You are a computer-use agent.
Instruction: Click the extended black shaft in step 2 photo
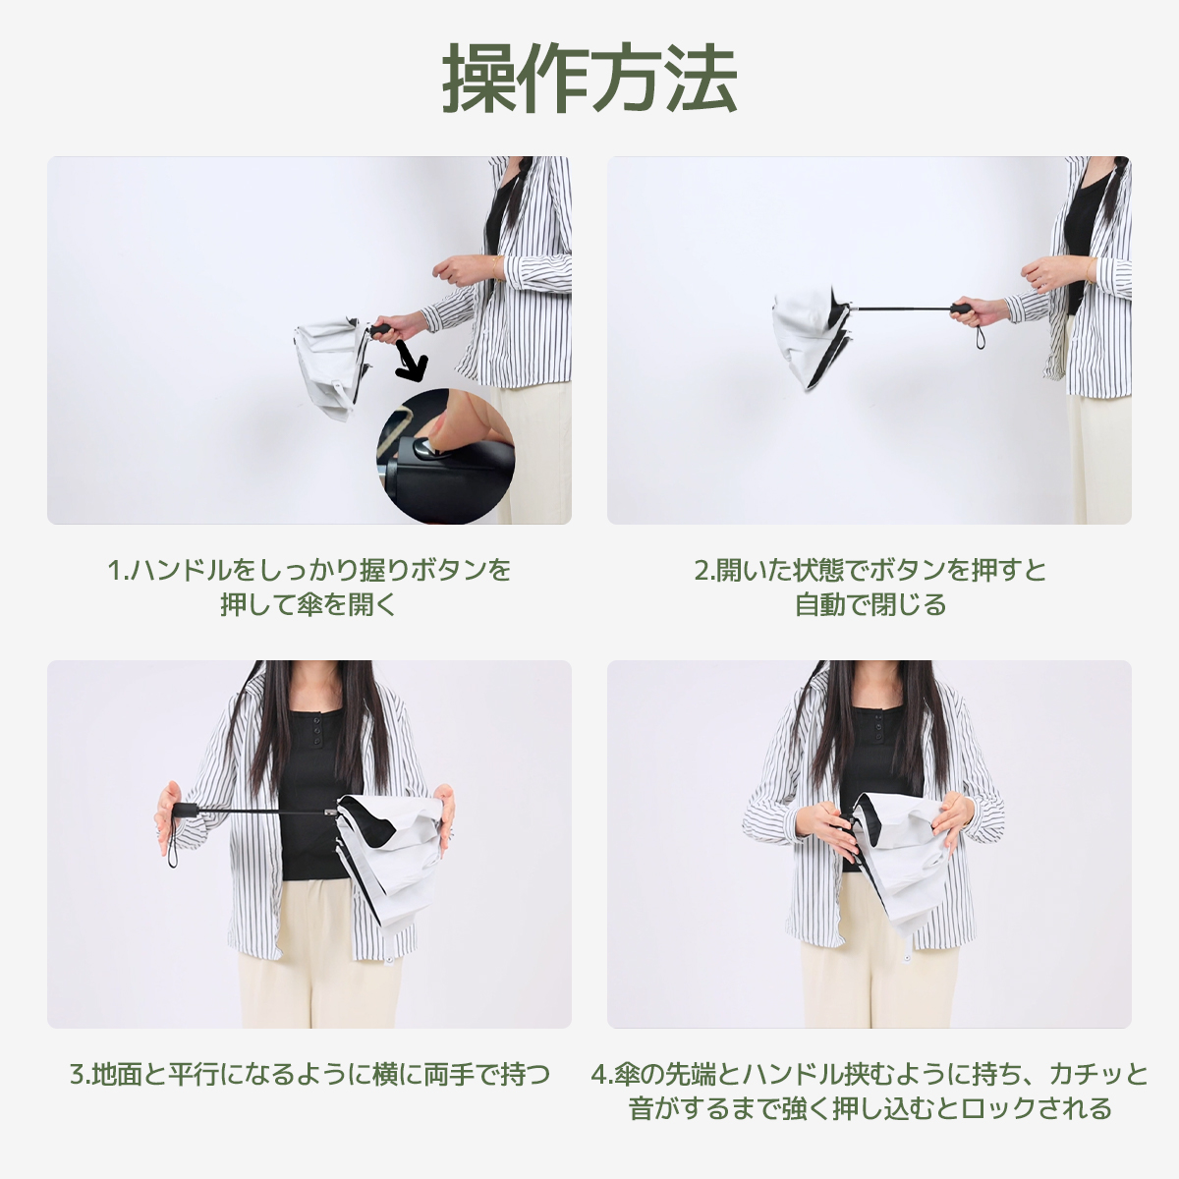[x=899, y=309]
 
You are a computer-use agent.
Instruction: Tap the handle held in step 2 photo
[x=964, y=310]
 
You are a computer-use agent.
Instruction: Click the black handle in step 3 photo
[x=187, y=811]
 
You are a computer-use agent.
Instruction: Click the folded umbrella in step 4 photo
[x=899, y=855]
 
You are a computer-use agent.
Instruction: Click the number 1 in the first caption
[x=112, y=571]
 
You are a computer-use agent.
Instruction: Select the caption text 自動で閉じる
[x=870, y=604]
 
